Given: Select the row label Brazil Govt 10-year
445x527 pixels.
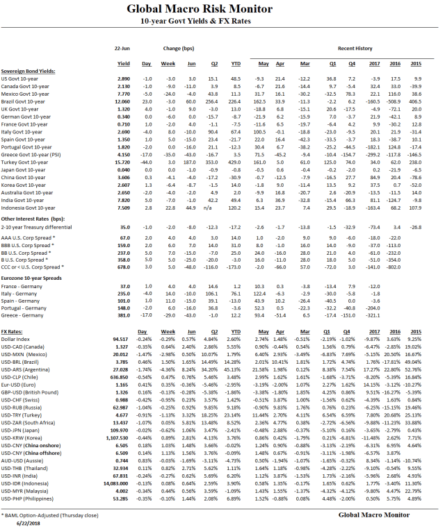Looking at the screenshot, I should tap(26, 102).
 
